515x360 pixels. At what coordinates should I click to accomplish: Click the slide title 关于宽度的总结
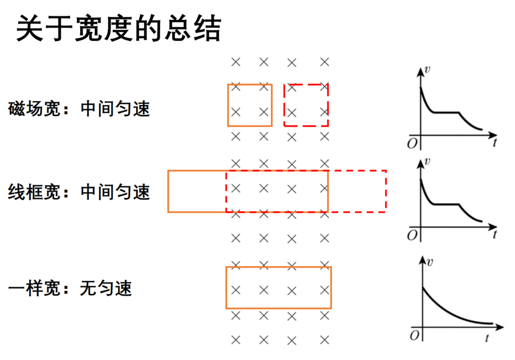point(119,29)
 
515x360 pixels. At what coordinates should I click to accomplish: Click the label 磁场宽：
point(39,109)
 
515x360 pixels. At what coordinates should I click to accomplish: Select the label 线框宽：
point(39,192)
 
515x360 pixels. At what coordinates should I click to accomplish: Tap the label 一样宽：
point(39,288)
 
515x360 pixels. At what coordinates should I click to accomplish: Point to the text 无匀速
point(106,288)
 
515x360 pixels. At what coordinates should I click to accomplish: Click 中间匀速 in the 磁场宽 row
point(115,109)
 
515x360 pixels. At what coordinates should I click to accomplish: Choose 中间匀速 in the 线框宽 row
point(115,192)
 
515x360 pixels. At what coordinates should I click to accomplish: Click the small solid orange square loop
point(228,105)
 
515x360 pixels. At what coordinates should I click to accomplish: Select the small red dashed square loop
point(285,105)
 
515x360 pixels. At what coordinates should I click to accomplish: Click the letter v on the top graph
point(427,70)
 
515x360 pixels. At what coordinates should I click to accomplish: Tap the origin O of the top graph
point(412,144)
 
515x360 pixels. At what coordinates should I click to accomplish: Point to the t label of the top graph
point(495,142)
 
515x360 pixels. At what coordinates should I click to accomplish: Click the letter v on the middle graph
point(427,161)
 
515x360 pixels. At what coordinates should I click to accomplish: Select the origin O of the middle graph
point(412,236)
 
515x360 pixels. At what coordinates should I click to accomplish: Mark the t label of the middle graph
point(495,234)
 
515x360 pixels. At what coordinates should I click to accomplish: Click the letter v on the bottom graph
point(429,262)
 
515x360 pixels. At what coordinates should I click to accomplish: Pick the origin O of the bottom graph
point(414,336)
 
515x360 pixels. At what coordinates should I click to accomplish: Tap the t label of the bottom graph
point(487,338)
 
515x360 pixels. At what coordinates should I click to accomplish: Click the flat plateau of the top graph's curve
point(446,113)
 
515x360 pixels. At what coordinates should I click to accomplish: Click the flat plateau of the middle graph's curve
point(446,205)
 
